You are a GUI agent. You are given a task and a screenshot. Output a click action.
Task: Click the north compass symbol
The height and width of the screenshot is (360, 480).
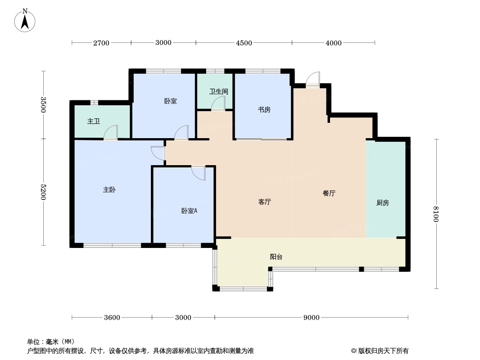pos(25,20)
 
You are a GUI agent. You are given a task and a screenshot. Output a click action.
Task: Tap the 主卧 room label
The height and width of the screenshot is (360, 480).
pos(109,190)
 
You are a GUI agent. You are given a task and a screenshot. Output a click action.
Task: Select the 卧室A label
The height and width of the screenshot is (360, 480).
pos(189,211)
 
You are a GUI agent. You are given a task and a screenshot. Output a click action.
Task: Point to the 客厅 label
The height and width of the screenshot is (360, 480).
pos(265,202)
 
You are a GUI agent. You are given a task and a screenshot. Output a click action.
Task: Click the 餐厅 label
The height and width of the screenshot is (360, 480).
pos(329,193)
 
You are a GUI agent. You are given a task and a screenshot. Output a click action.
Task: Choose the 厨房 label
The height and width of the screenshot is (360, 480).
pos(383,203)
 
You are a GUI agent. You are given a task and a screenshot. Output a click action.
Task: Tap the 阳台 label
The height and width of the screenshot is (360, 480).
pos(276,257)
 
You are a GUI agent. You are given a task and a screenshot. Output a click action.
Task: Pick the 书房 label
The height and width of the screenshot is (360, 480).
pos(264,110)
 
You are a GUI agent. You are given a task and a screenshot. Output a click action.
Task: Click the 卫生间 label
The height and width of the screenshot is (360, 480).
pos(219,91)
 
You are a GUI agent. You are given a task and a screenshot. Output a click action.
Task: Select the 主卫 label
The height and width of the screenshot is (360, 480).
pos(94,121)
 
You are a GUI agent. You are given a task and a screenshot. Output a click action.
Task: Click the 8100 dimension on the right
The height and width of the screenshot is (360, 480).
pos(435,214)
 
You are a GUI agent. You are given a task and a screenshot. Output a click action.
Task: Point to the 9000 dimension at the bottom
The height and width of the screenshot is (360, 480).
pos(311,318)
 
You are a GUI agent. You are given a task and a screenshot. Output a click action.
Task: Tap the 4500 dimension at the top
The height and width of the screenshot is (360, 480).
pos(244,43)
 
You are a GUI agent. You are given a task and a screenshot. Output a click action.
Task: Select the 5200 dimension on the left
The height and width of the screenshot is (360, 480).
pos(44,192)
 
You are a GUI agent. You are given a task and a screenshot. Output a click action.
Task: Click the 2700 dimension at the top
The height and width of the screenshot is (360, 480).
pos(101,43)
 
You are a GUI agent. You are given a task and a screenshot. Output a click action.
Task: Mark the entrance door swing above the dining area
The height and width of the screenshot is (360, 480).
pos(313,80)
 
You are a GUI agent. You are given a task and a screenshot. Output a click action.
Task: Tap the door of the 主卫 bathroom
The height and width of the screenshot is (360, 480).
pos(111,133)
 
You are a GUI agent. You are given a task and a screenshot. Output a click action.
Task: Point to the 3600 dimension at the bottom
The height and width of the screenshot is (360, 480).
pos(112,318)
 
